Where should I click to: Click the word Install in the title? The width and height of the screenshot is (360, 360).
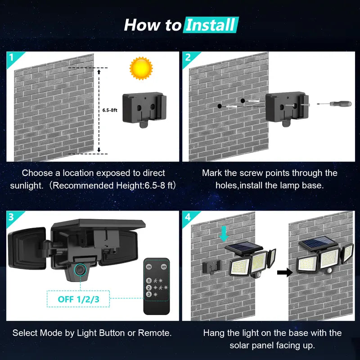210,25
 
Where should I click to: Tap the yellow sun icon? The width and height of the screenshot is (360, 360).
141,68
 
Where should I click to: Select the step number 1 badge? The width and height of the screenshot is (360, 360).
11,57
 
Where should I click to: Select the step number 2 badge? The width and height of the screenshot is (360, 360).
188,57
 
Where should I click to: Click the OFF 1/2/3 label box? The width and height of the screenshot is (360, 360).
78,297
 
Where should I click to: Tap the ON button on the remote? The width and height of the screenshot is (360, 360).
149,266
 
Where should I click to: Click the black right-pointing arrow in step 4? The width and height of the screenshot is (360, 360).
283,272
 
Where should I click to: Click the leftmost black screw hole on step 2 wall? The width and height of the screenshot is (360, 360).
219,105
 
